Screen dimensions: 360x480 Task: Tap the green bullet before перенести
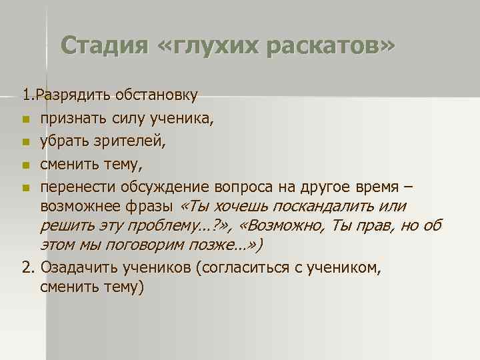point(25,187)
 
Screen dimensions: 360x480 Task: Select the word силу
point(130,119)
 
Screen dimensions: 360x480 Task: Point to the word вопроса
point(241,185)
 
